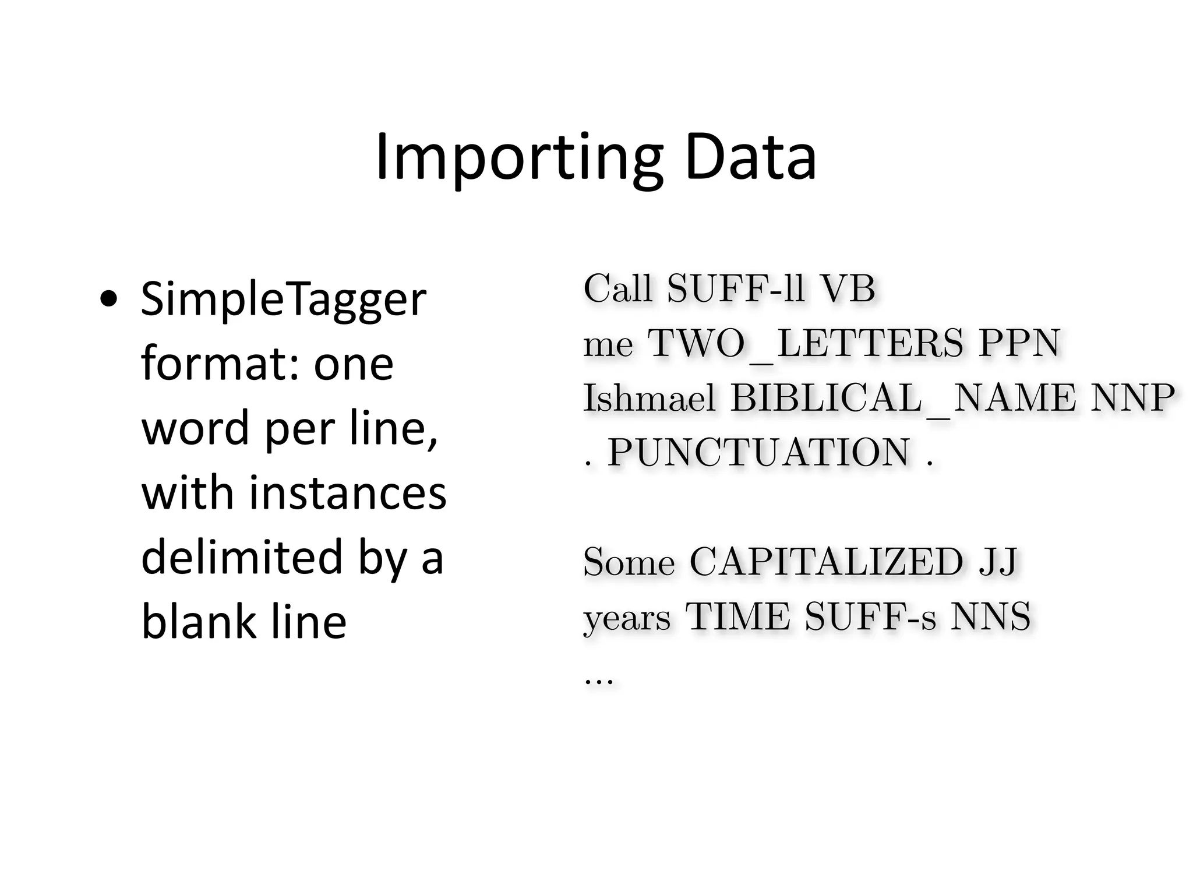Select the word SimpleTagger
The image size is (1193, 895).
coord(284,301)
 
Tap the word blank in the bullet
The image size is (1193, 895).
coord(198,621)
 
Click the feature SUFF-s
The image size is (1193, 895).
coord(870,616)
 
